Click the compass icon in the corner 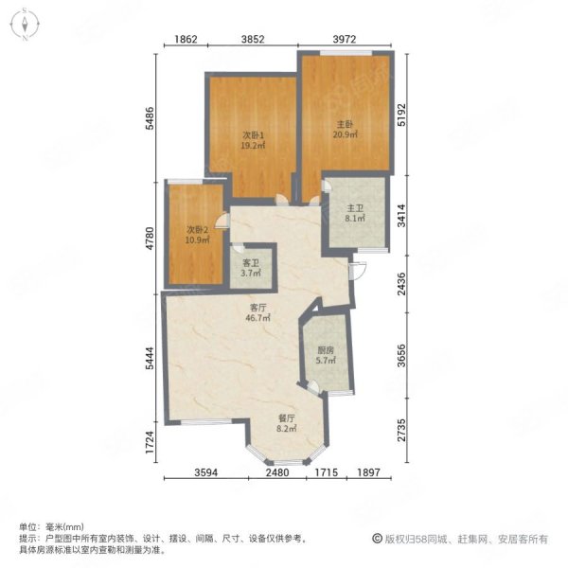(25, 25)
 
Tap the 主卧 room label (345, 125)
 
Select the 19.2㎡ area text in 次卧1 (253, 146)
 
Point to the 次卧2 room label (197, 230)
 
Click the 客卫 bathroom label (251, 263)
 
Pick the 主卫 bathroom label (355, 208)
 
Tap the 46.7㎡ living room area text (258, 318)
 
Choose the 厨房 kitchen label (326, 350)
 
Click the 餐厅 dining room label (287, 418)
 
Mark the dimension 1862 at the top (186, 39)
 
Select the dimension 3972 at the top (345, 39)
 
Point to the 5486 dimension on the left (150, 118)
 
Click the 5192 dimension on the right (401, 115)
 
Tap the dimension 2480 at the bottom (277, 472)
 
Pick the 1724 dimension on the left (150, 442)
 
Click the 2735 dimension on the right (401, 431)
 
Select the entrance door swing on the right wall (359, 270)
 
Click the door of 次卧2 (222, 221)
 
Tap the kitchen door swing (313, 387)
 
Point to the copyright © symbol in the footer (377, 539)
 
